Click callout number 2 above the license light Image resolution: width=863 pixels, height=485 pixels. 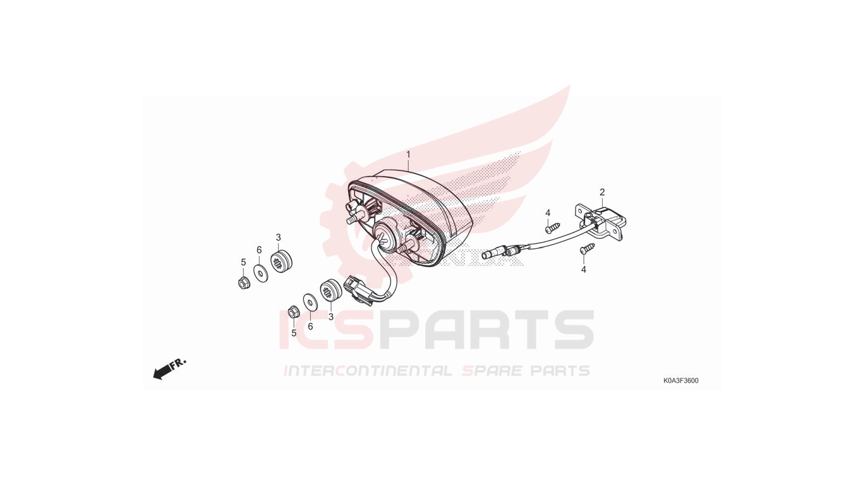[602, 192]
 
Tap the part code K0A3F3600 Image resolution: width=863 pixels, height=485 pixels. [681, 381]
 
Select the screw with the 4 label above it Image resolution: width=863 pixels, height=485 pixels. [552, 227]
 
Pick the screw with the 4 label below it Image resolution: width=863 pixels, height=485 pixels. [588, 248]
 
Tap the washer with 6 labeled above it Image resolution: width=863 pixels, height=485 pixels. [262, 273]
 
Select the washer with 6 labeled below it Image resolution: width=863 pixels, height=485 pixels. [310, 301]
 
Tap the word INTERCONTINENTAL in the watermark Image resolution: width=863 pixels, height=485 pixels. [367, 371]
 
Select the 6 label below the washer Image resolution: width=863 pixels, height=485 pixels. [310, 326]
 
